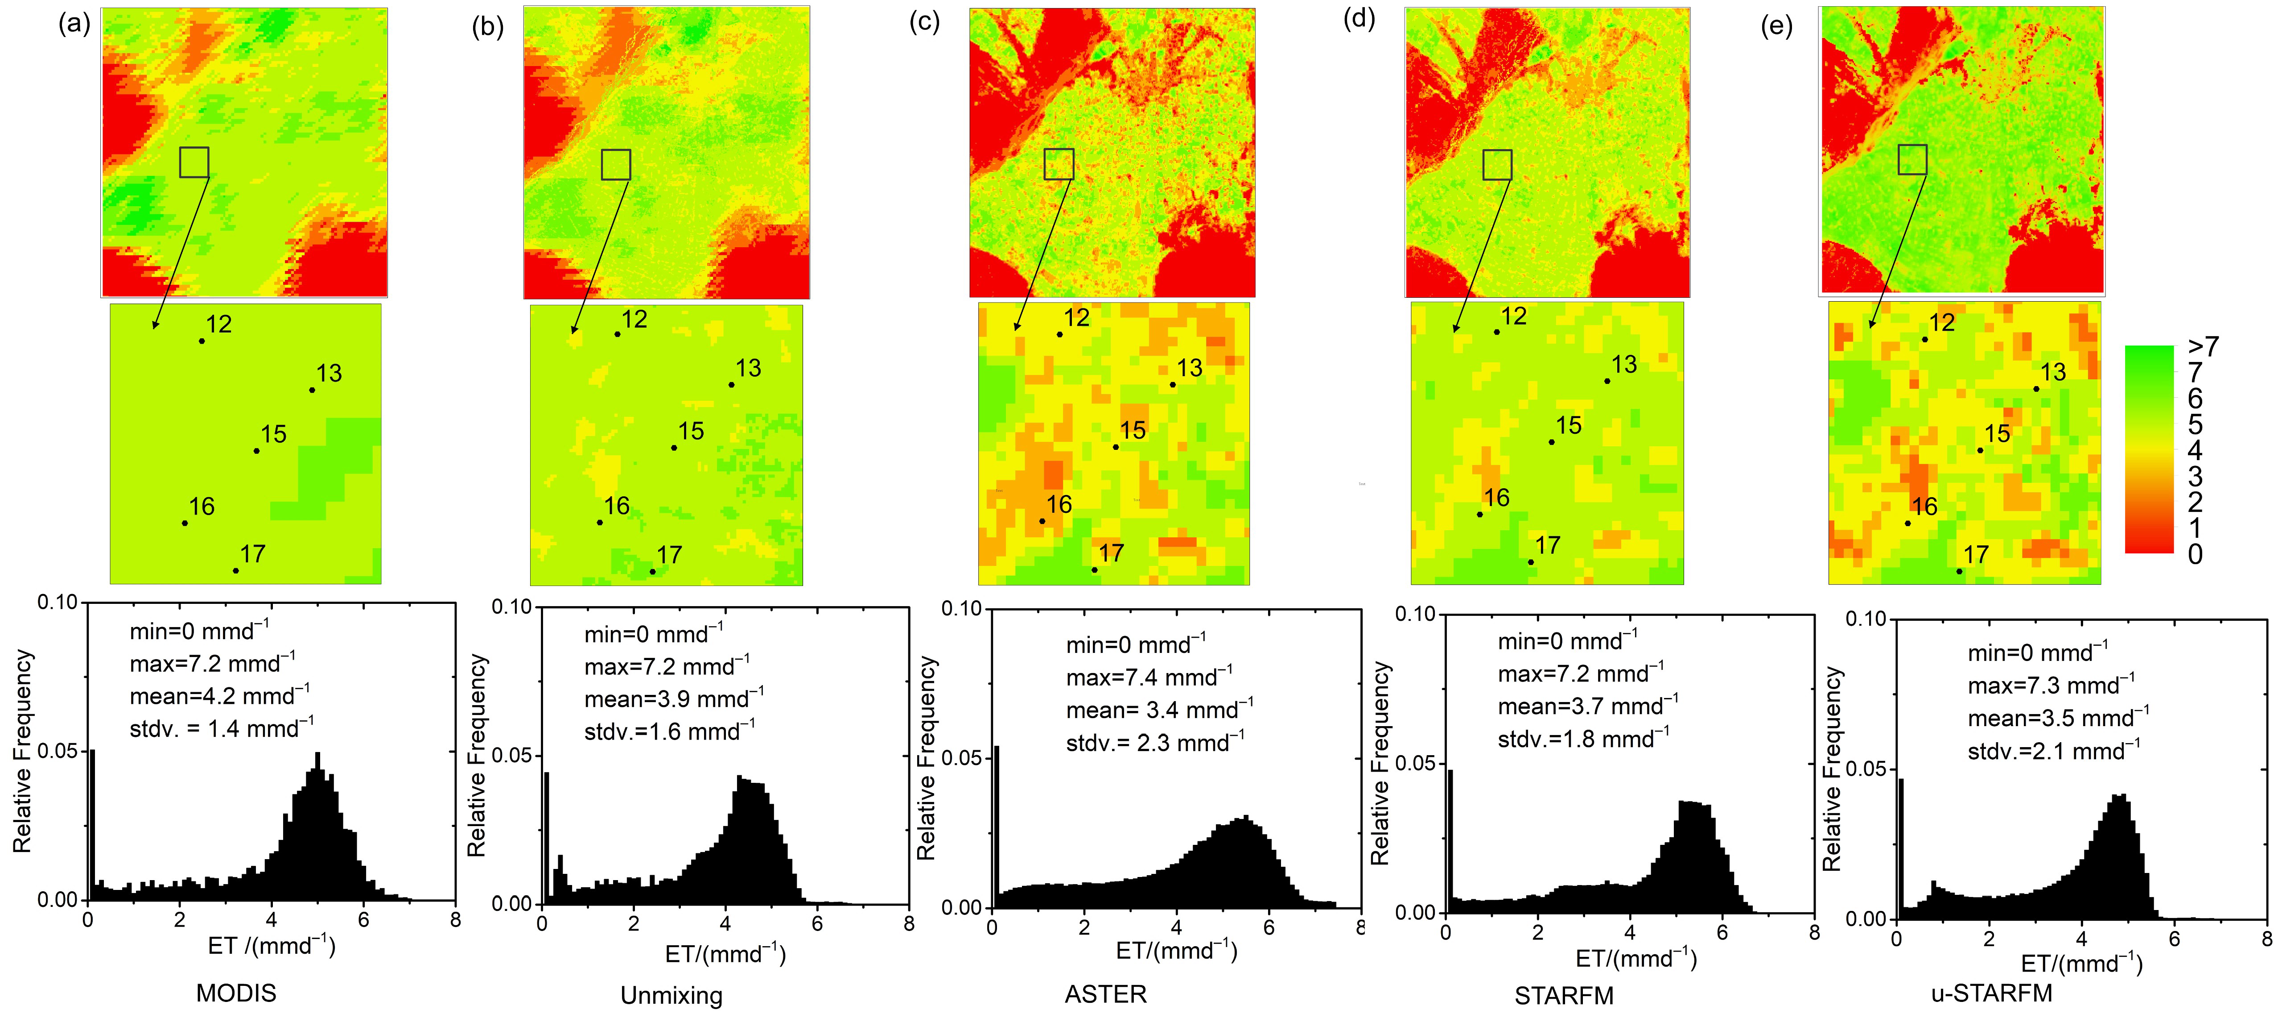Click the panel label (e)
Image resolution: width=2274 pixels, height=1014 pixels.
1776,26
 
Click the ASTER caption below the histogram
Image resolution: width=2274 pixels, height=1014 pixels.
1105,993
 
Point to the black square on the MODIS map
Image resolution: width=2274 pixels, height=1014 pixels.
194,162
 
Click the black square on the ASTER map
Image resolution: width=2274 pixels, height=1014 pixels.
1059,164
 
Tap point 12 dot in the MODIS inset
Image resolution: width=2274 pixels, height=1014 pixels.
201,341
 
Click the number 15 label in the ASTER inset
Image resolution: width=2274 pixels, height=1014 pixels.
1133,430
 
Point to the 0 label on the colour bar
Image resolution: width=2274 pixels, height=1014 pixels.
2195,555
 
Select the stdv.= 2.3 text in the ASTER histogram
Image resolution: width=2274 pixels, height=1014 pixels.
1155,743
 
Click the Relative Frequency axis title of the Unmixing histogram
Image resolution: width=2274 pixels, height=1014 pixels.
477,755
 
